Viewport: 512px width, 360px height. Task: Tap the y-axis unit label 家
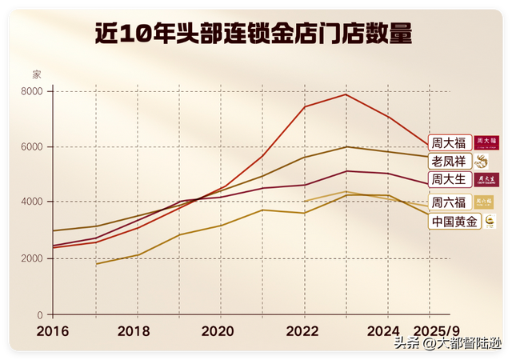(36, 74)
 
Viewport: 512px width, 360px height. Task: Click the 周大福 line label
(450, 142)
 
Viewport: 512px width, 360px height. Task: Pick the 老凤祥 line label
(450, 161)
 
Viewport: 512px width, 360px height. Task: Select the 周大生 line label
(450, 178)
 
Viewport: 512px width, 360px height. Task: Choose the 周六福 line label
(450, 202)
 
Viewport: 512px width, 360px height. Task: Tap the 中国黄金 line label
(454, 221)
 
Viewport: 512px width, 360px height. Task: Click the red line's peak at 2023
(346, 94)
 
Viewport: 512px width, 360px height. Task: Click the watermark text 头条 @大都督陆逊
(446, 344)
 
